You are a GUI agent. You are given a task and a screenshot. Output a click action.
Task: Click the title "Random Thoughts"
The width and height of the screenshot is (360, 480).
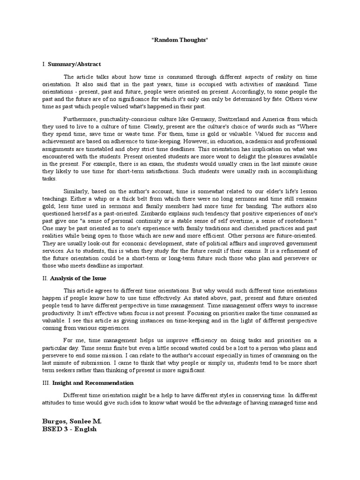(x=180, y=41)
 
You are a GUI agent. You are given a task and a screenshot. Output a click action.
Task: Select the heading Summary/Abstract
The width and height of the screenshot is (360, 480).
(x=74, y=64)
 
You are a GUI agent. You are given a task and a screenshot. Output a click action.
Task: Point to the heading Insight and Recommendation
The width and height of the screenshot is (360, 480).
(x=89, y=383)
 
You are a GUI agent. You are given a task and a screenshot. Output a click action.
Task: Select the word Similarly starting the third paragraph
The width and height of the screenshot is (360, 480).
(x=76, y=190)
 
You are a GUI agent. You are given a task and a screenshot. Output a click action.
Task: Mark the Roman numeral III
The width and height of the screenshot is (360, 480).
(x=45, y=383)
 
